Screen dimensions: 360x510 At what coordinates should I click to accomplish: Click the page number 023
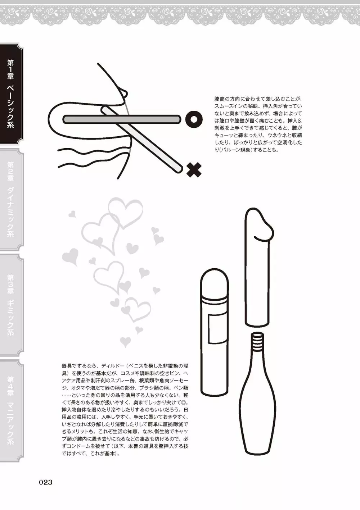click(x=46, y=482)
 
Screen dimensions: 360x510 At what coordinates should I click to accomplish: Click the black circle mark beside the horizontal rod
click(x=194, y=119)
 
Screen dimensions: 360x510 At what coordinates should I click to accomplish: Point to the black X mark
click(x=194, y=170)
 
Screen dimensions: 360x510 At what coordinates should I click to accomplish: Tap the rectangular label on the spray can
click(x=214, y=329)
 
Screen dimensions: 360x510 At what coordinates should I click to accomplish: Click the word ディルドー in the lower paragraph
click(x=112, y=366)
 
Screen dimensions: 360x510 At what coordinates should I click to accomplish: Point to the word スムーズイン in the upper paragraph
click(x=228, y=106)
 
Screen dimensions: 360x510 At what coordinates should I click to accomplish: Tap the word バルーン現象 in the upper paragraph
click(x=237, y=150)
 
